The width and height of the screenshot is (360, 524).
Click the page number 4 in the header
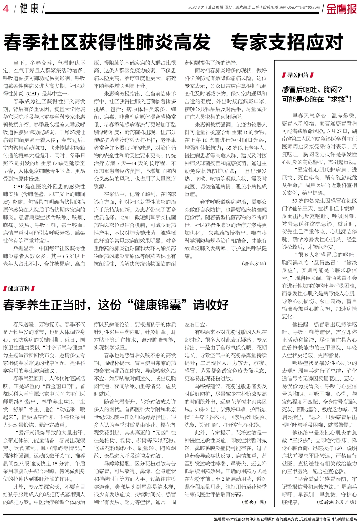(6, 8)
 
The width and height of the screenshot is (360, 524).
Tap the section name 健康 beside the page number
(29, 8)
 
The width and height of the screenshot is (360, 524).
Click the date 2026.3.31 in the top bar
(197, 7)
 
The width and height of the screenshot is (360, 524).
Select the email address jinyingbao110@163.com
(303, 7)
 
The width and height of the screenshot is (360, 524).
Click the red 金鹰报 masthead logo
(341, 9)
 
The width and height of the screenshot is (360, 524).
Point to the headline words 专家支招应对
(287, 43)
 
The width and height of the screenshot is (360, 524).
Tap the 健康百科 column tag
(19, 288)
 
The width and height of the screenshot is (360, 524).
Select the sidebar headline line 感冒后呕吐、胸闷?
(312, 90)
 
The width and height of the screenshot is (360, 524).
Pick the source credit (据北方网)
(254, 264)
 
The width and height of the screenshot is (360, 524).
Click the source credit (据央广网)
(254, 502)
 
